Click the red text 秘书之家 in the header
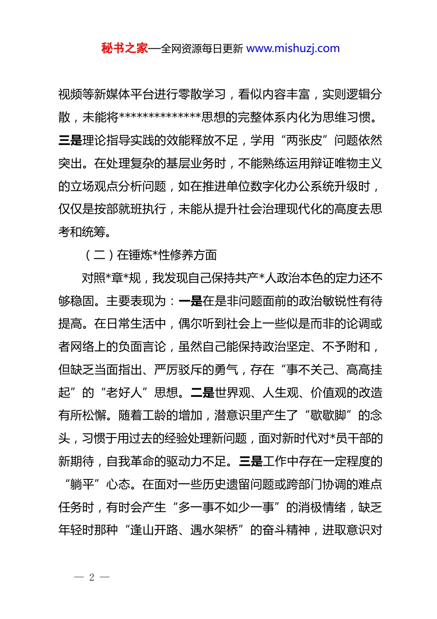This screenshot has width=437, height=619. coord(124,48)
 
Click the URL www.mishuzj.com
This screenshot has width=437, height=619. coord(293,48)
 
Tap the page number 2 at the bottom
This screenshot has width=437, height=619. coord(92,577)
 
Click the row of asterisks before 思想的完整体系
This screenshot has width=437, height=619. coord(160,117)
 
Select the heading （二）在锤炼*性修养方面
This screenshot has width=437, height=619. coord(151,255)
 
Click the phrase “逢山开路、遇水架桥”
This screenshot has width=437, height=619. coord(184,531)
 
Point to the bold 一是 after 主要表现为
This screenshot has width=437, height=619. coord(190,301)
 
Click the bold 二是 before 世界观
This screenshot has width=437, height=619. coord(202,393)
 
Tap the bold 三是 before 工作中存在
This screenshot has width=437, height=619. coord(251,461)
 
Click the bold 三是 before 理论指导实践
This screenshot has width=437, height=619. coord(70,140)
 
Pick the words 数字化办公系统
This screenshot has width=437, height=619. coord(299,187)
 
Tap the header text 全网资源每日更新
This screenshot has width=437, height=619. coord(201,48)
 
